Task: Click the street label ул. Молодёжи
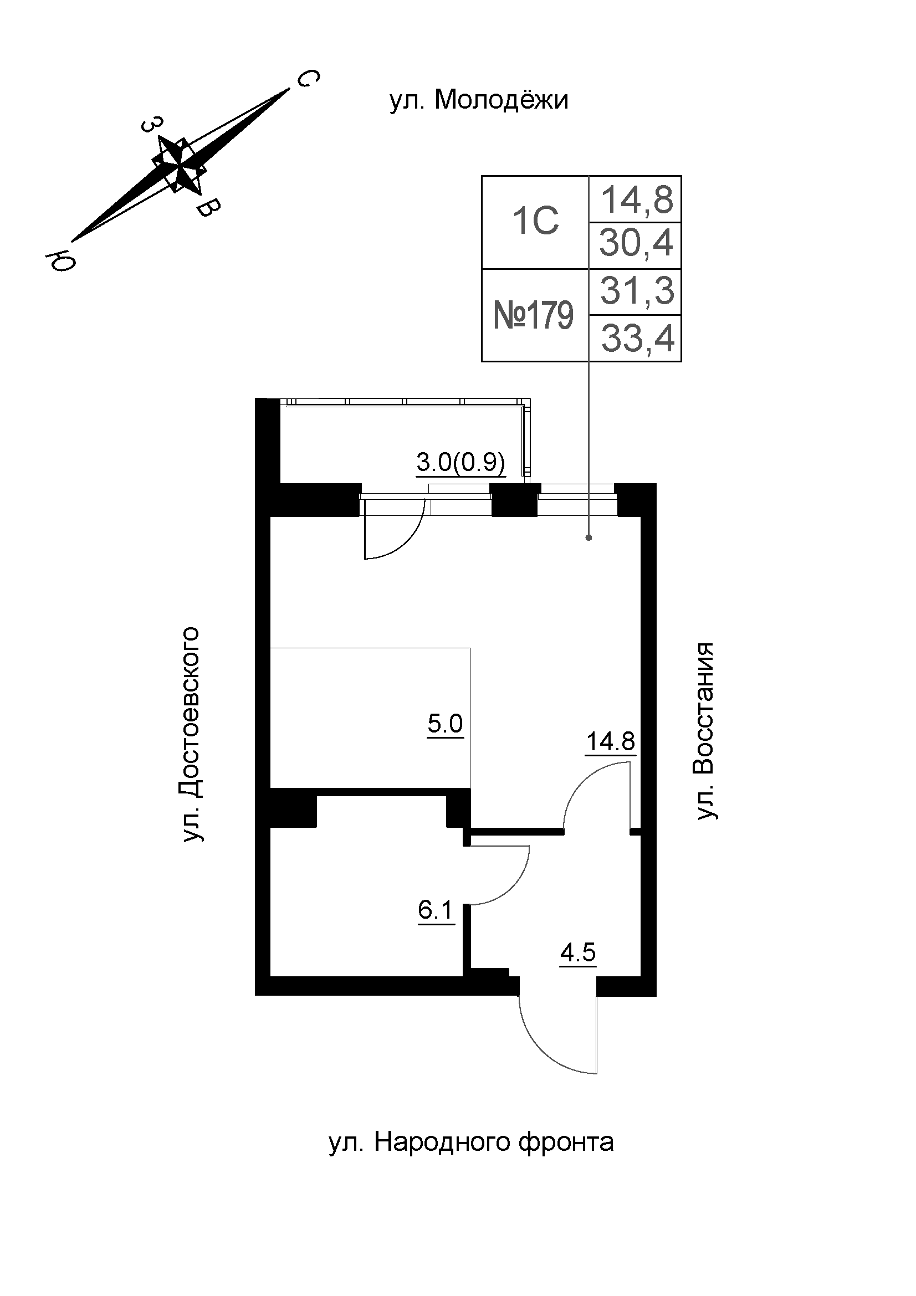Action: click(479, 101)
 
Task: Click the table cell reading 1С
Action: click(535, 221)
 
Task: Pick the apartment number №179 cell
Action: click(533, 315)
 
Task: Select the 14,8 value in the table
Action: click(637, 199)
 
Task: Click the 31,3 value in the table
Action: click(637, 291)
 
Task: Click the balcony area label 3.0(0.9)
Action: click(460, 463)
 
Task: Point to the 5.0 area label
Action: click(445, 723)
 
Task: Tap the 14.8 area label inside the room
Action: click(611, 741)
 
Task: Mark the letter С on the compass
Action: click(308, 80)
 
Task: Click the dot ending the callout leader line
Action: click(589, 537)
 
